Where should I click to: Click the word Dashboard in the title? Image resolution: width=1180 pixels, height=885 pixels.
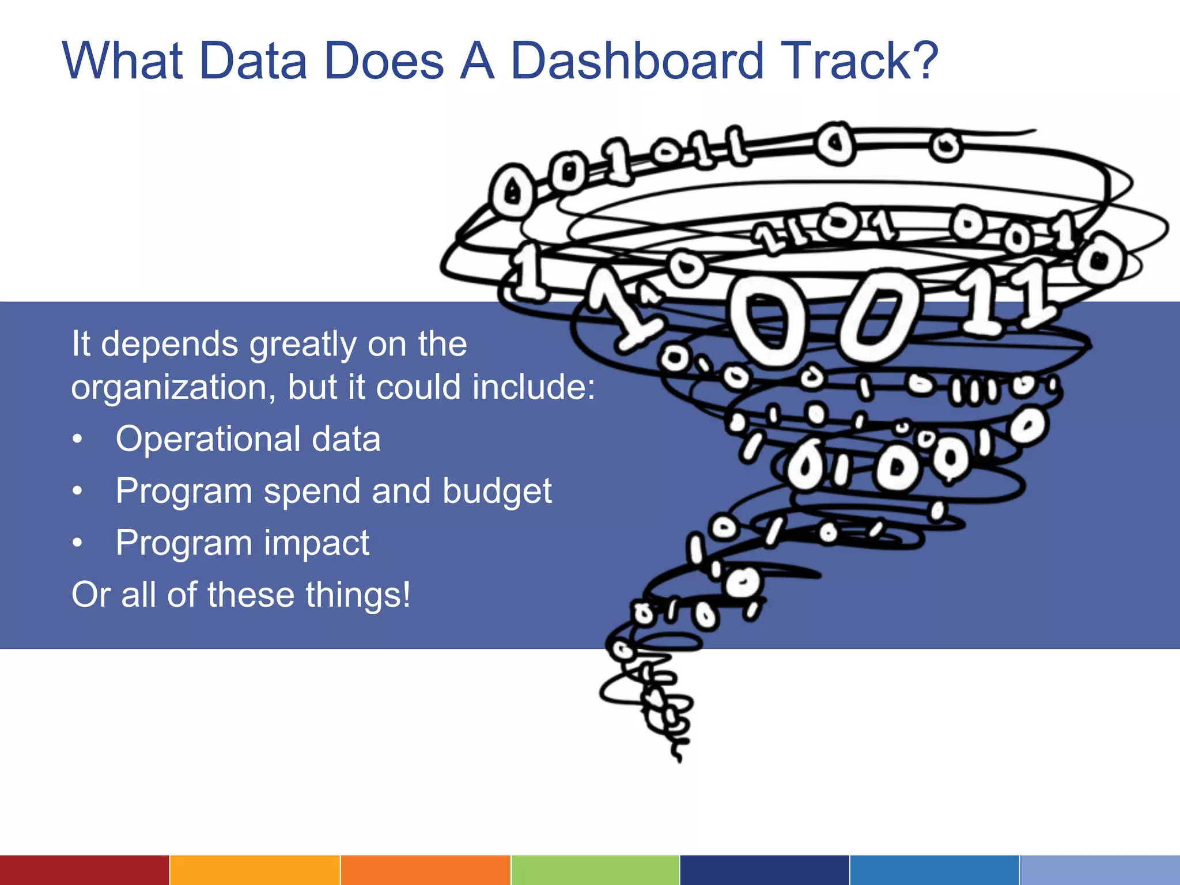637,61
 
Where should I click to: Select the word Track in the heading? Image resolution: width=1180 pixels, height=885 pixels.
840,61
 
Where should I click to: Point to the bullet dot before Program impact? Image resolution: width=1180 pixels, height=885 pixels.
78,543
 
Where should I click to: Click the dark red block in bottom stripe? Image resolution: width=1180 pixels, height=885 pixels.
84,870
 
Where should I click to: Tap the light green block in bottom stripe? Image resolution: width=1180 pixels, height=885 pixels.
595,870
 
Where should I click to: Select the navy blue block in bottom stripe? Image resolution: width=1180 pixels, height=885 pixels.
765,870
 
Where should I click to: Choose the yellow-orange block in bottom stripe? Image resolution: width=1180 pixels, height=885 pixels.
255,870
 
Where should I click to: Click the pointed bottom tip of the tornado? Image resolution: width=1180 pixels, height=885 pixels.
680,759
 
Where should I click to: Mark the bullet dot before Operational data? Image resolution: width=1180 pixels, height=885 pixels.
78,439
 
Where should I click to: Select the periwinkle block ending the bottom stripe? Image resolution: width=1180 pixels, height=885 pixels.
1100,870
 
